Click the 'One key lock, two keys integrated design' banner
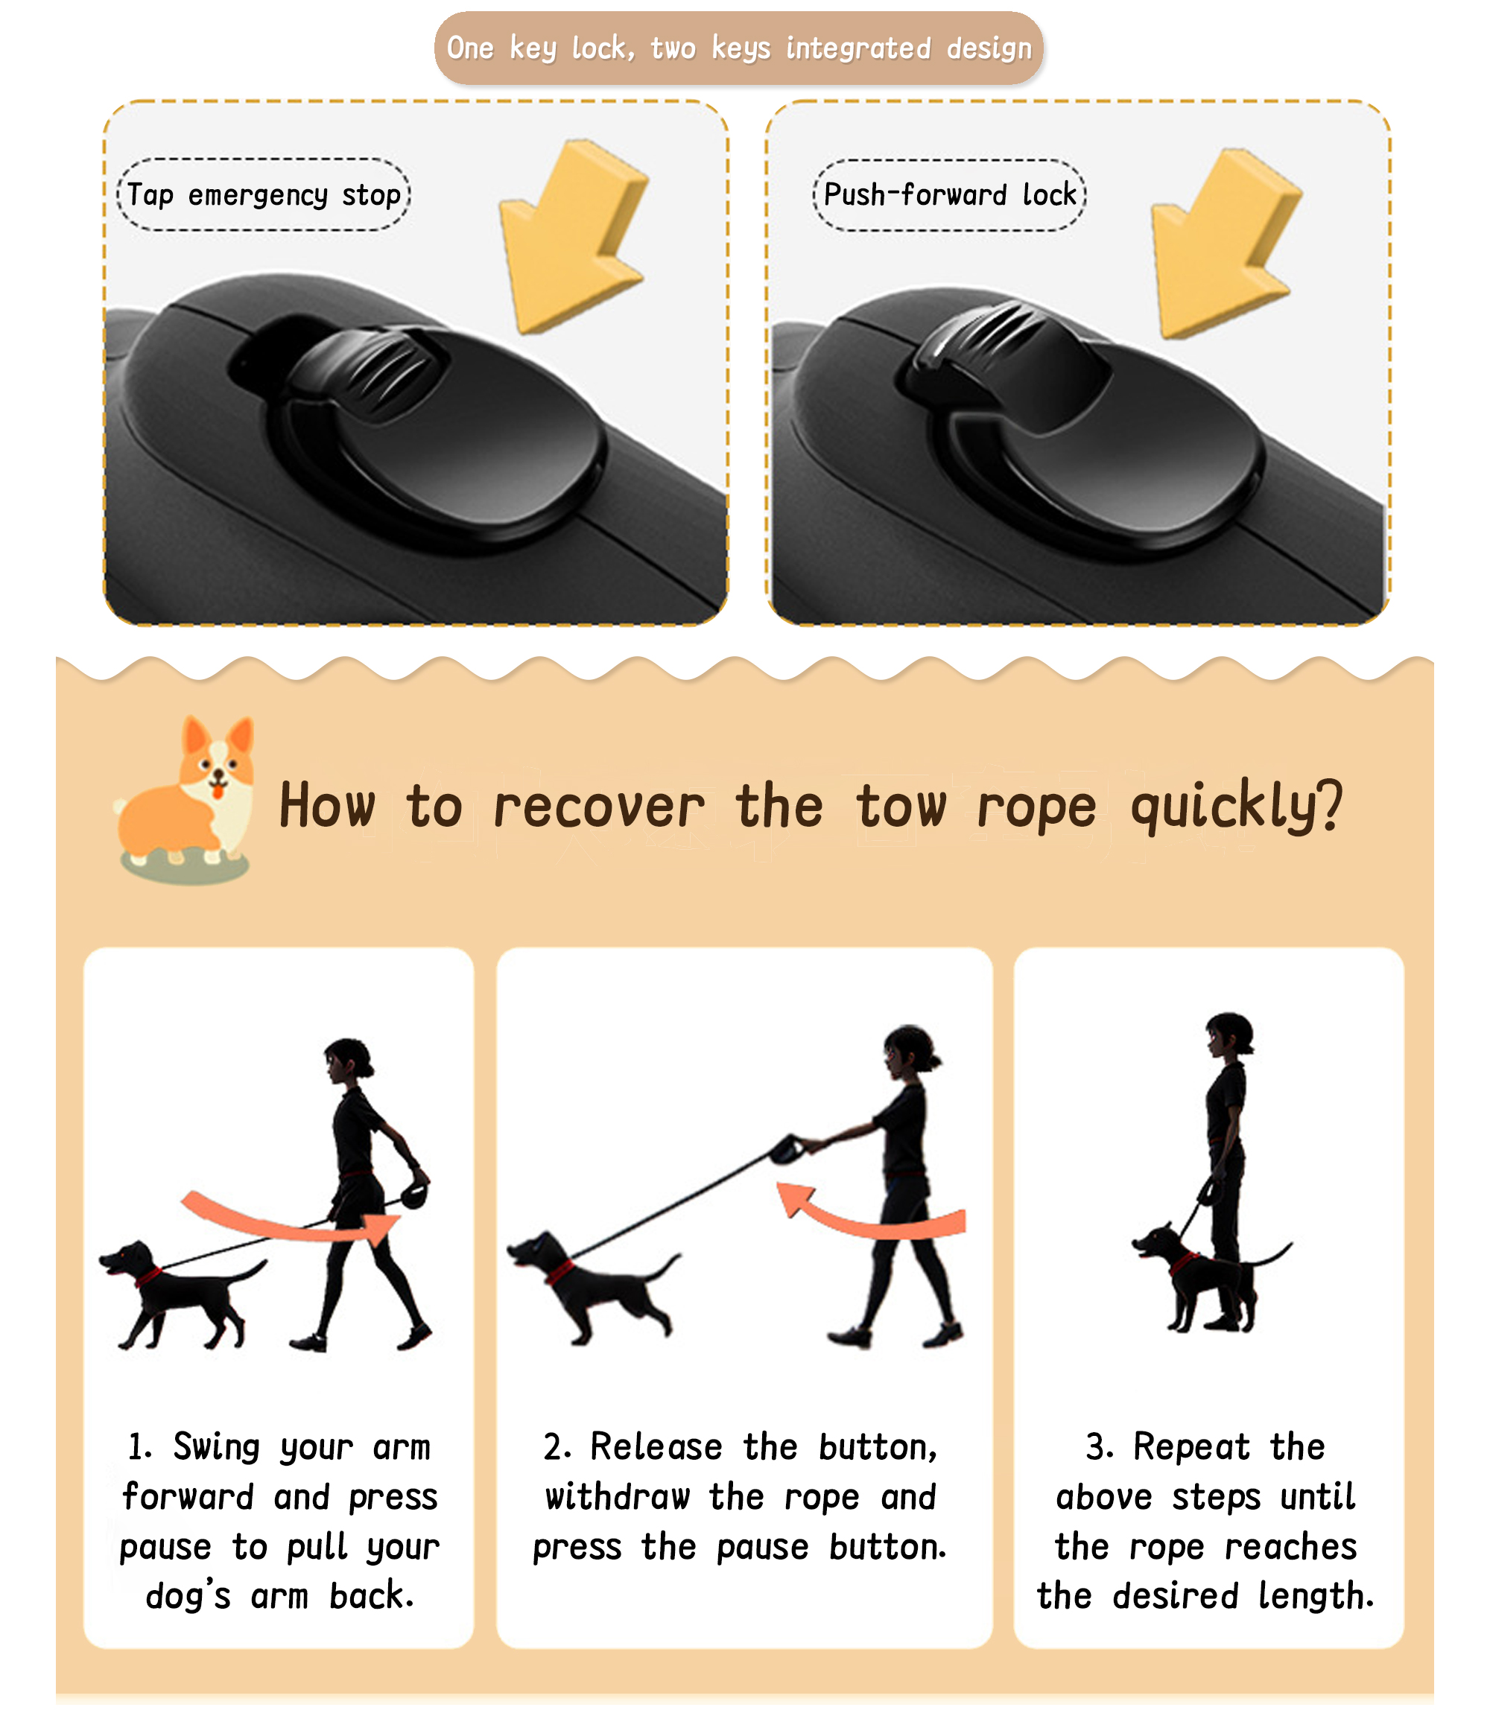[x=738, y=48]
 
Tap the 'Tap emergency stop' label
[x=264, y=194]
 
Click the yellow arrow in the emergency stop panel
[x=574, y=237]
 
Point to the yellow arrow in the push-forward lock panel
[x=1226, y=244]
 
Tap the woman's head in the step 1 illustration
[x=348, y=1061]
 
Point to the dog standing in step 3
[x=1205, y=1276]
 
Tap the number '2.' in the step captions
[x=557, y=1447]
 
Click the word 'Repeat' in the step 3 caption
[x=1191, y=1447]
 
